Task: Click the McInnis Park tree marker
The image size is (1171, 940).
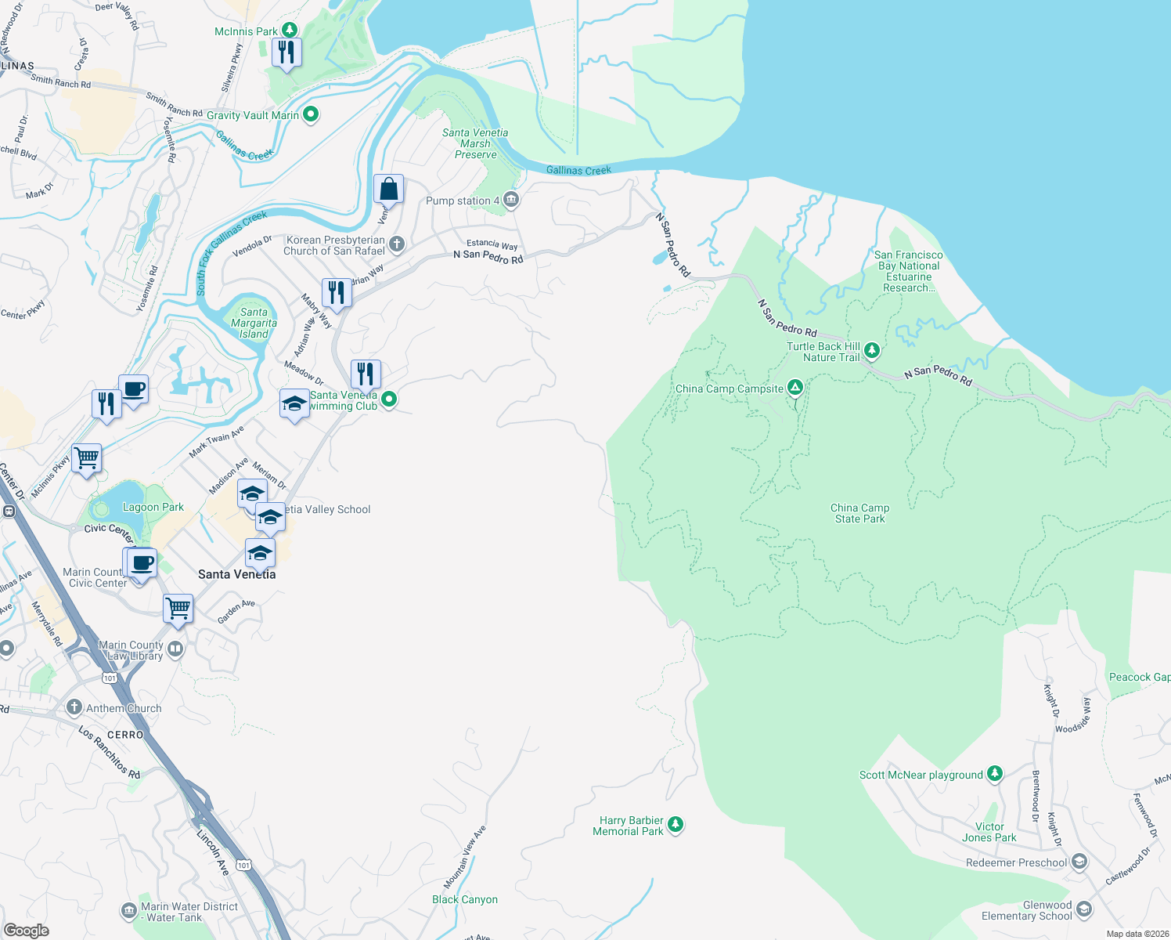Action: [x=290, y=31]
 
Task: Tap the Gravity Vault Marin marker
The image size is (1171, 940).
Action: [x=311, y=114]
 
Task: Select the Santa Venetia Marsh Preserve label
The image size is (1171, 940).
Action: [x=475, y=144]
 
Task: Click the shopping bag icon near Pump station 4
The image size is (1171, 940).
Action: [x=388, y=190]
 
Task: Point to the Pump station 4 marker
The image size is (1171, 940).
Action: [x=511, y=201]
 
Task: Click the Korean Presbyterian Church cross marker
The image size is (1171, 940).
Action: [x=397, y=244]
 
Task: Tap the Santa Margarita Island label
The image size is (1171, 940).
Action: [x=254, y=323]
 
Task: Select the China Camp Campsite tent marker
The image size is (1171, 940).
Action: [x=794, y=388]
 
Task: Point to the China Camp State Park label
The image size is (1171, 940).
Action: [x=859, y=513]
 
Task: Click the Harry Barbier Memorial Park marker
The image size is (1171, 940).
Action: [x=676, y=824]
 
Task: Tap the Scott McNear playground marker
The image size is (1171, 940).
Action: [x=994, y=774]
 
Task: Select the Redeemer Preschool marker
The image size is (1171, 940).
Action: [x=1079, y=862]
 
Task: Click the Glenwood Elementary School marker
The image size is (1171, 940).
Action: [x=1084, y=909]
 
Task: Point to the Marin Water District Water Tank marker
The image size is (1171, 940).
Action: [x=129, y=911]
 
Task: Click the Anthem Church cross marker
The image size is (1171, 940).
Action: [x=74, y=707]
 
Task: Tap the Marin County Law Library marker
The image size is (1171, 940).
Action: [x=175, y=649]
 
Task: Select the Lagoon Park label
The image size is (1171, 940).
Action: [x=153, y=507]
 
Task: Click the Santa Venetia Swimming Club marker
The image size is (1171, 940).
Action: [x=388, y=399]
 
